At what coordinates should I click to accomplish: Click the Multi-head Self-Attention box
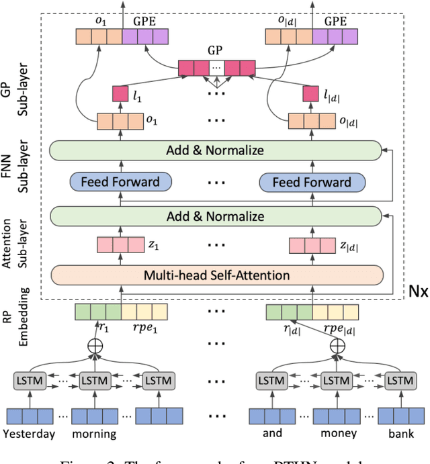[217, 275]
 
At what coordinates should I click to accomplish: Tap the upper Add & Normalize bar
[217, 150]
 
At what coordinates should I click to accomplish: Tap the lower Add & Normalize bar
[217, 216]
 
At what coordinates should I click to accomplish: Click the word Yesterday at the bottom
[29, 433]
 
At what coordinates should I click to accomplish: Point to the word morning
[94, 433]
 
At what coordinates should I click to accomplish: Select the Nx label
[410, 293]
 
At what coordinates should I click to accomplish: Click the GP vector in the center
[216, 68]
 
